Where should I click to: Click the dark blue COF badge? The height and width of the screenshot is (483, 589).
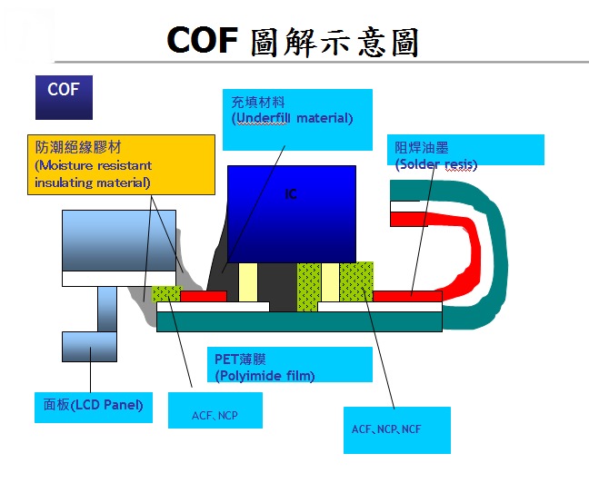click(x=64, y=97)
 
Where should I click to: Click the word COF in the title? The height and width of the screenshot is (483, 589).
click(x=203, y=40)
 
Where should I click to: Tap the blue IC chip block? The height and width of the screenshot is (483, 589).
click(x=292, y=214)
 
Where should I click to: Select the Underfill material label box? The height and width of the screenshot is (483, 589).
click(x=297, y=120)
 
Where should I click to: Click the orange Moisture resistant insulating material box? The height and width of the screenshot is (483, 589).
click(x=121, y=164)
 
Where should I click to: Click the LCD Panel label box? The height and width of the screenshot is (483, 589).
click(x=94, y=408)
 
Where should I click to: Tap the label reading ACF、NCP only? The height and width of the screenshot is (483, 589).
click(x=215, y=410)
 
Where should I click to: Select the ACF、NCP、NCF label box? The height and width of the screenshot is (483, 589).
click(x=397, y=430)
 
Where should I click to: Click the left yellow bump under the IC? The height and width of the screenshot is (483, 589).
click(x=248, y=282)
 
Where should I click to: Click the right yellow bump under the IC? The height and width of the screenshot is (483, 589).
click(x=330, y=282)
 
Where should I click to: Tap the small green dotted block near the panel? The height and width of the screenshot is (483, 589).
click(x=166, y=294)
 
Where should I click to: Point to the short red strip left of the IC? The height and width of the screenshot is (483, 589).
click(x=204, y=296)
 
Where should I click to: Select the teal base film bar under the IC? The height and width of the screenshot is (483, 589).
click(x=299, y=321)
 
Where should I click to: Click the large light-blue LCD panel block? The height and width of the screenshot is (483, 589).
click(x=119, y=241)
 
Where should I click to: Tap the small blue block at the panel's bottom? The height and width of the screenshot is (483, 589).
click(x=89, y=347)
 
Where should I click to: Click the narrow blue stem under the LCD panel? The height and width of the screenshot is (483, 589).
click(x=107, y=310)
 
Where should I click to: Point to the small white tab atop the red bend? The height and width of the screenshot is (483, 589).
click(x=405, y=206)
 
